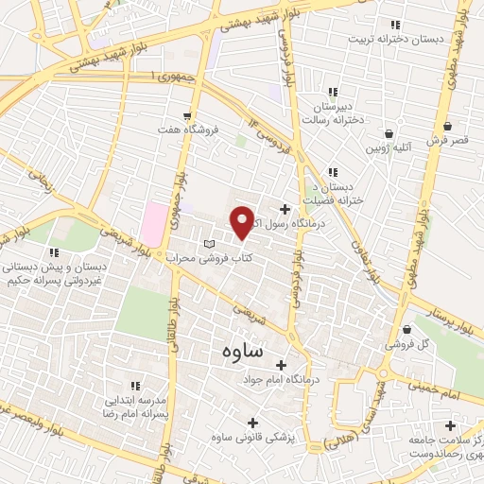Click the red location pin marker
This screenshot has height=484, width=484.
pos(243,222)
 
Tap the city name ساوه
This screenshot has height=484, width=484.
pos(245,352)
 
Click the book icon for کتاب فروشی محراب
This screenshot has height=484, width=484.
pos(209,245)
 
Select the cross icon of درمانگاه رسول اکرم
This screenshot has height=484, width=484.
pos(285,209)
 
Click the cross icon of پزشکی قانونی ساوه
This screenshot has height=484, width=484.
pos(251,423)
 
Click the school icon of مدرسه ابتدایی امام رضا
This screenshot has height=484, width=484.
pos(135,385)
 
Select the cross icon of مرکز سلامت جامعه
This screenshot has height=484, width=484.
pos(450,426)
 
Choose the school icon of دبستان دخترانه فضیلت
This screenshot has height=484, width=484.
pos(332,172)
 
